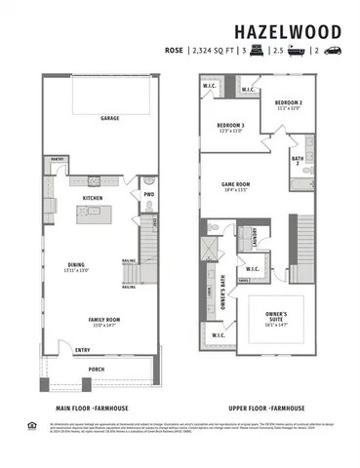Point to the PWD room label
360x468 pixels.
(149, 193)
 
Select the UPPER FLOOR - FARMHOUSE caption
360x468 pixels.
(265, 409)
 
